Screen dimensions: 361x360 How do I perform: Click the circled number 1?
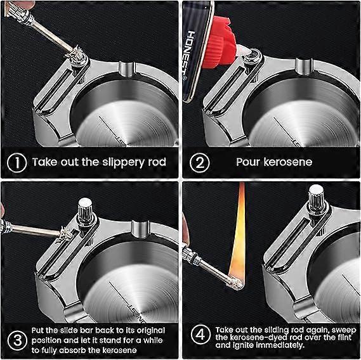16,162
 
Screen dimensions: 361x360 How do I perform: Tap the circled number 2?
200,162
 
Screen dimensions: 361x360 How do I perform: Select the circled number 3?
17,340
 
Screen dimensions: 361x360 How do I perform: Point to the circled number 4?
200,334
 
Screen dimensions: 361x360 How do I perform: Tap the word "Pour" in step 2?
248,162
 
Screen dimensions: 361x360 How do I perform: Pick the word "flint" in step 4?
345,337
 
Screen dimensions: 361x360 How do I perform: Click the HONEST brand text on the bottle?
190,55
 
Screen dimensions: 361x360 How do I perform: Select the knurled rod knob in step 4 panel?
316,198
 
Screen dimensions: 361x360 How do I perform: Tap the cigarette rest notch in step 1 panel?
127,68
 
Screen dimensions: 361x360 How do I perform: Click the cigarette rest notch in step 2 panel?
304,67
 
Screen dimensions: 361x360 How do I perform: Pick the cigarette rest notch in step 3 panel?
140,229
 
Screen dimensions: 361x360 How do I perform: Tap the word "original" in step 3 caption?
151,330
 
